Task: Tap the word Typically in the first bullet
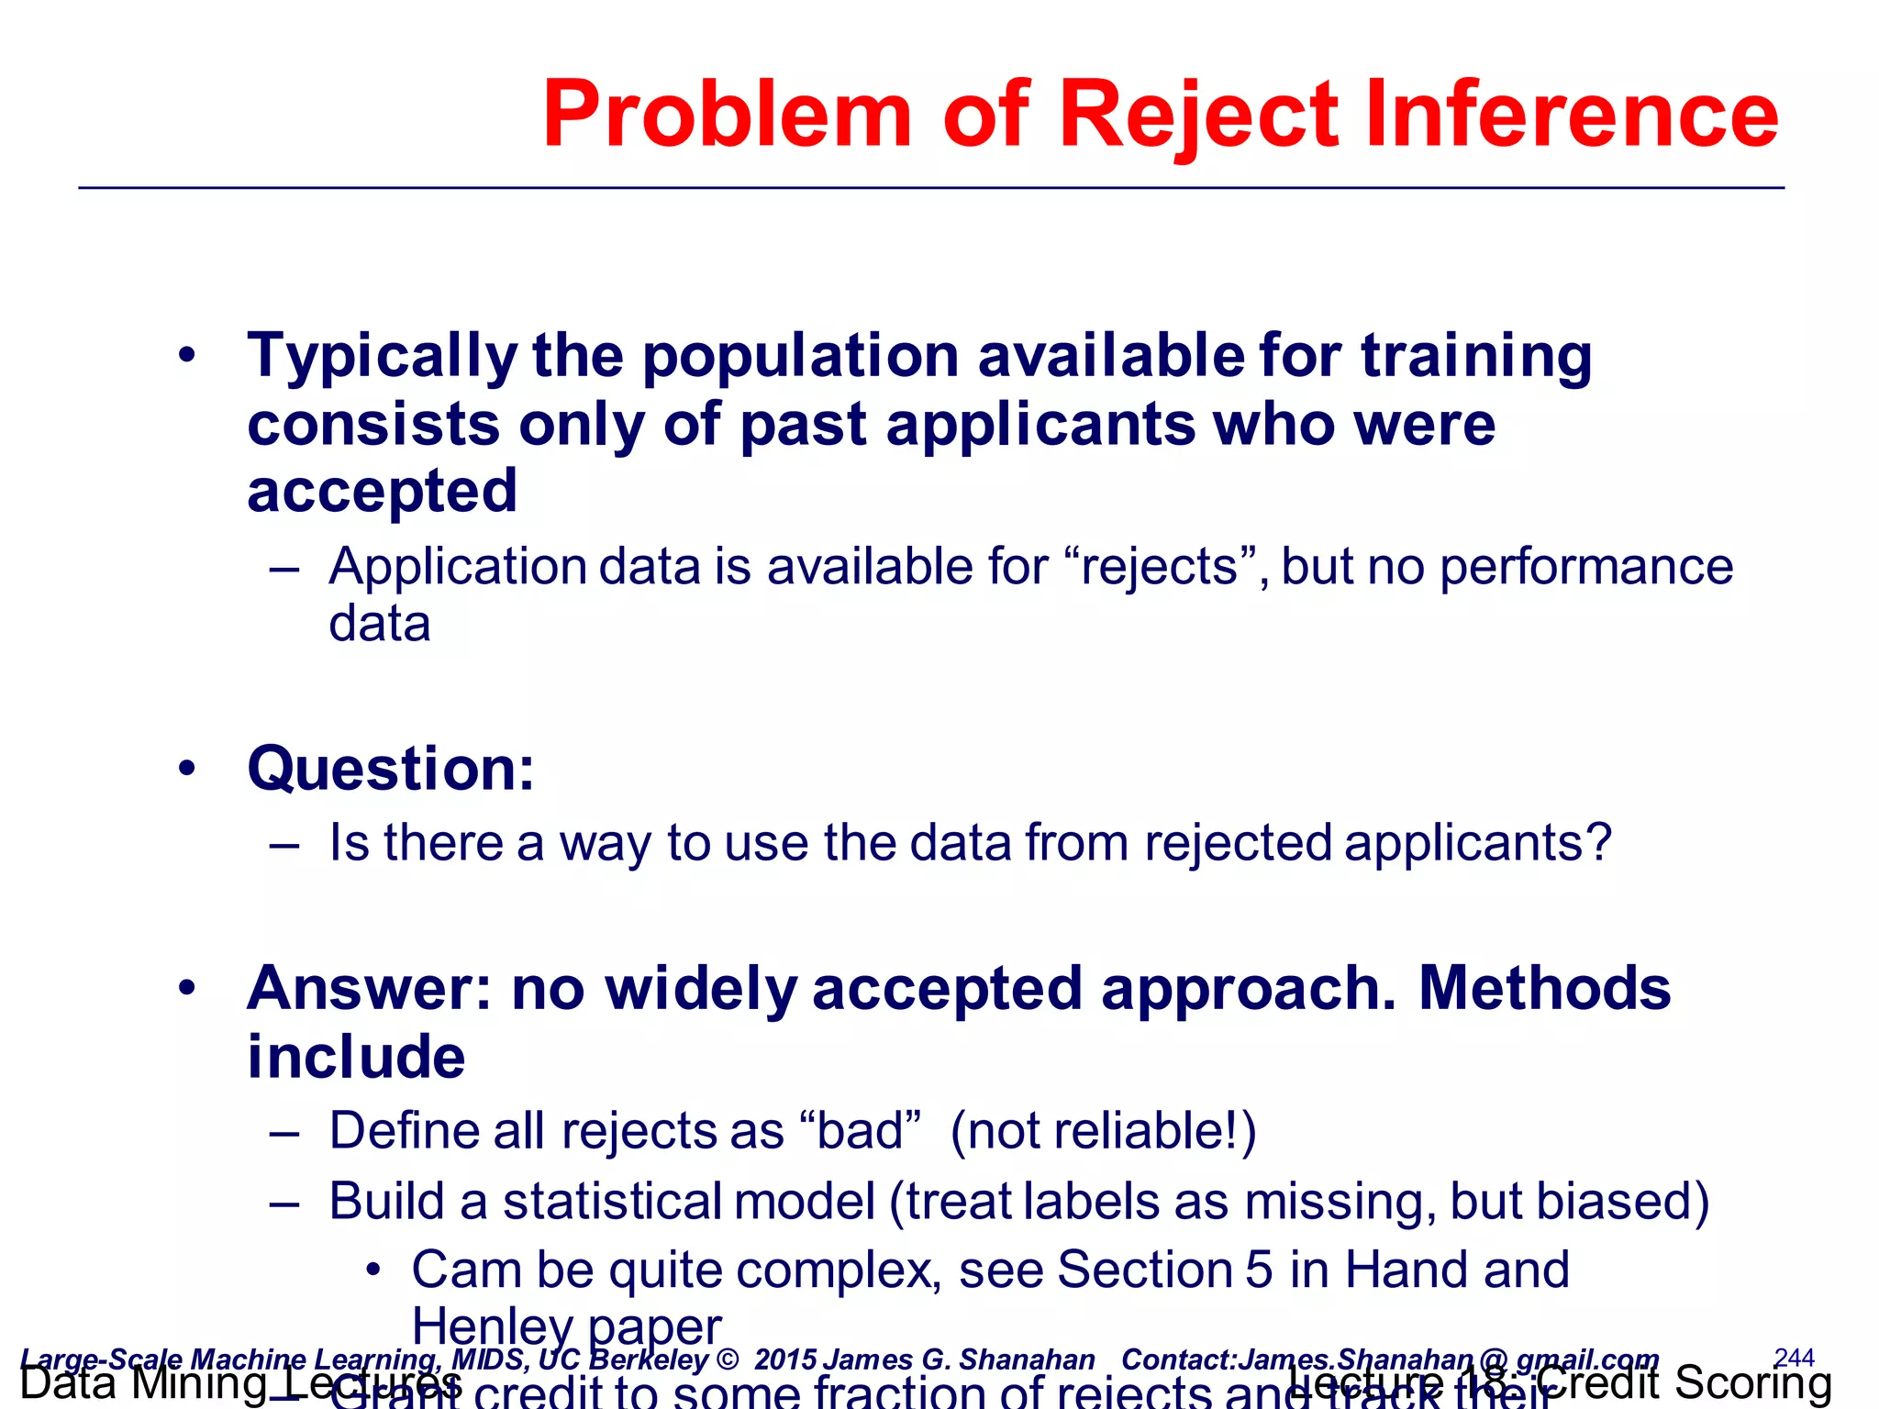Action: coord(382,358)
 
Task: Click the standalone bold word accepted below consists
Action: coord(382,492)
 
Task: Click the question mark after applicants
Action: coord(1599,842)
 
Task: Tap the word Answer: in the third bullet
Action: coord(371,989)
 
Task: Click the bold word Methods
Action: coord(1545,989)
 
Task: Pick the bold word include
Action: coord(356,1057)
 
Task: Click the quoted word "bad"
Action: coord(861,1130)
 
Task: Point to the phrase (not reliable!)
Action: coord(1103,1130)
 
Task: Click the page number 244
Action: coord(1794,1358)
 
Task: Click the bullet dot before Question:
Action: coord(187,769)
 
